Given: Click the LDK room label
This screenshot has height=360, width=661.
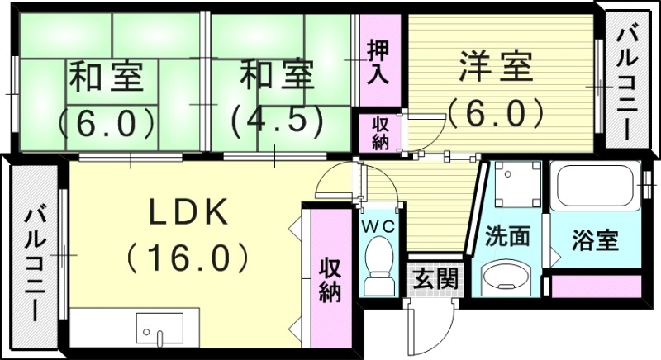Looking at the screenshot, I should tap(188, 213).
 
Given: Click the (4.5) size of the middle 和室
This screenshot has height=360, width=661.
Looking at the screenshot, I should tap(276, 121).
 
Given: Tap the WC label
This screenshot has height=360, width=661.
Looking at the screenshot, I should tap(379, 224).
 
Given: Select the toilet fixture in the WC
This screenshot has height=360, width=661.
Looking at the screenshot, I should tap(379, 264).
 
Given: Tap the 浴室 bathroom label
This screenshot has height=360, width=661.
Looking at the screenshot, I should tap(595, 241).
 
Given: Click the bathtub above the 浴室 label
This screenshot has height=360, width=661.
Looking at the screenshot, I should tap(595, 189).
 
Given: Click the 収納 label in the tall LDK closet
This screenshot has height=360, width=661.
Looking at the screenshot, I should tap(330, 281).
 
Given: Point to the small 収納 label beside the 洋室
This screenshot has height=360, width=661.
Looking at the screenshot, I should tap(379, 131).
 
